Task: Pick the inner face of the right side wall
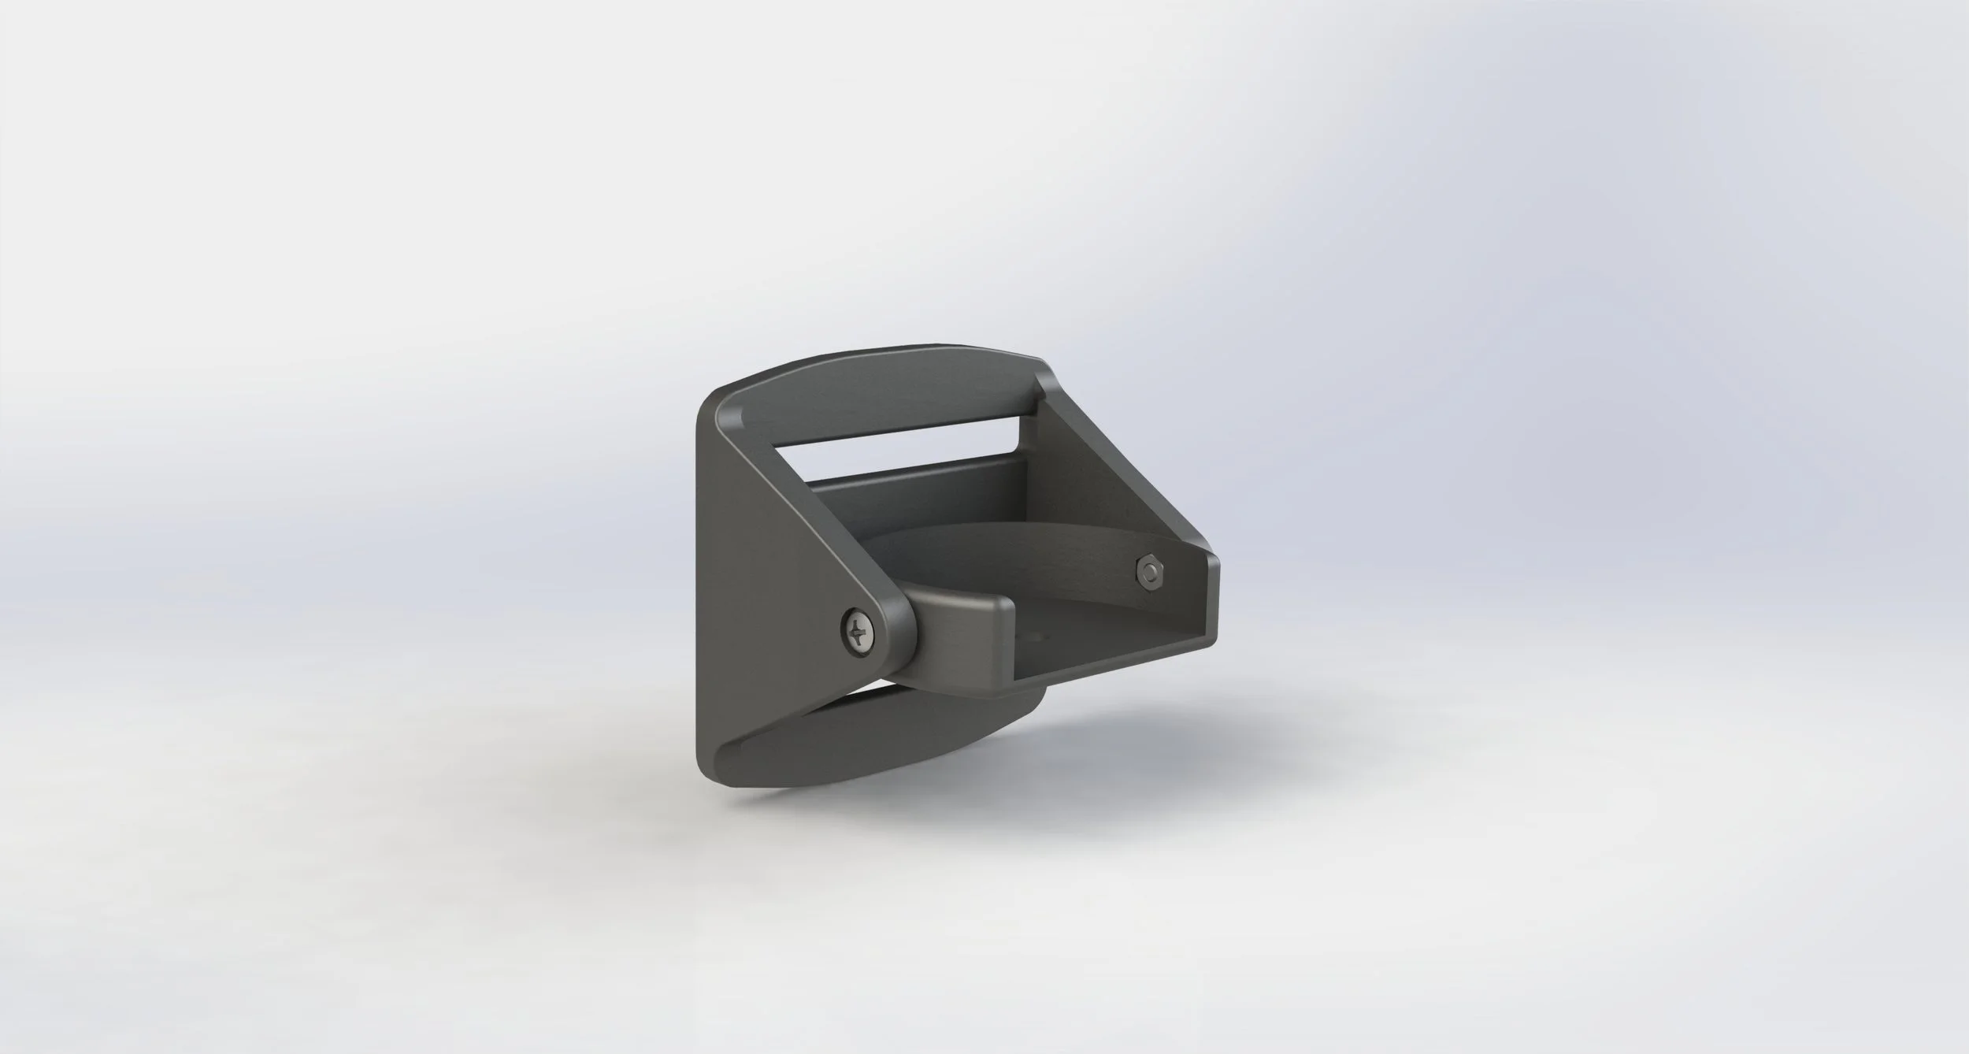(x=1118, y=504)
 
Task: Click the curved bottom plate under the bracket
(x=851, y=740)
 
